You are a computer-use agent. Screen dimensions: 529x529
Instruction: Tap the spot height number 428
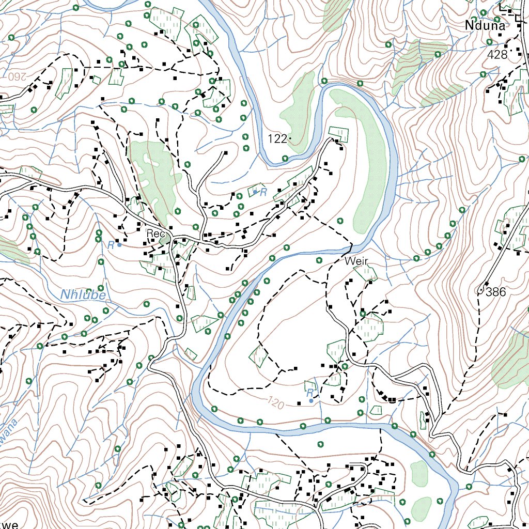496,55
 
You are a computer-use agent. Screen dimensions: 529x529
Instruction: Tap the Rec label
154,234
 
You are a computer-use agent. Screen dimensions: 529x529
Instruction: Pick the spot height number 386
495,292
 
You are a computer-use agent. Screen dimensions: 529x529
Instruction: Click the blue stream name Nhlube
83,295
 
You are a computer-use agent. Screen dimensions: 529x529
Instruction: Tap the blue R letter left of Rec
111,245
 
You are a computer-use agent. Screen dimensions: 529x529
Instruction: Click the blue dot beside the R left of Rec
119,245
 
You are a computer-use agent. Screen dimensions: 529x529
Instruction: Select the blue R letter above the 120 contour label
309,393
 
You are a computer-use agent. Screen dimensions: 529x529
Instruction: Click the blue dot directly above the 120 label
310,401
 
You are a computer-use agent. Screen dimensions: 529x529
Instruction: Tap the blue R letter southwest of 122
263,193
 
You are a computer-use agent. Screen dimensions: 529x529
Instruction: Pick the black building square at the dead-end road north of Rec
225,152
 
